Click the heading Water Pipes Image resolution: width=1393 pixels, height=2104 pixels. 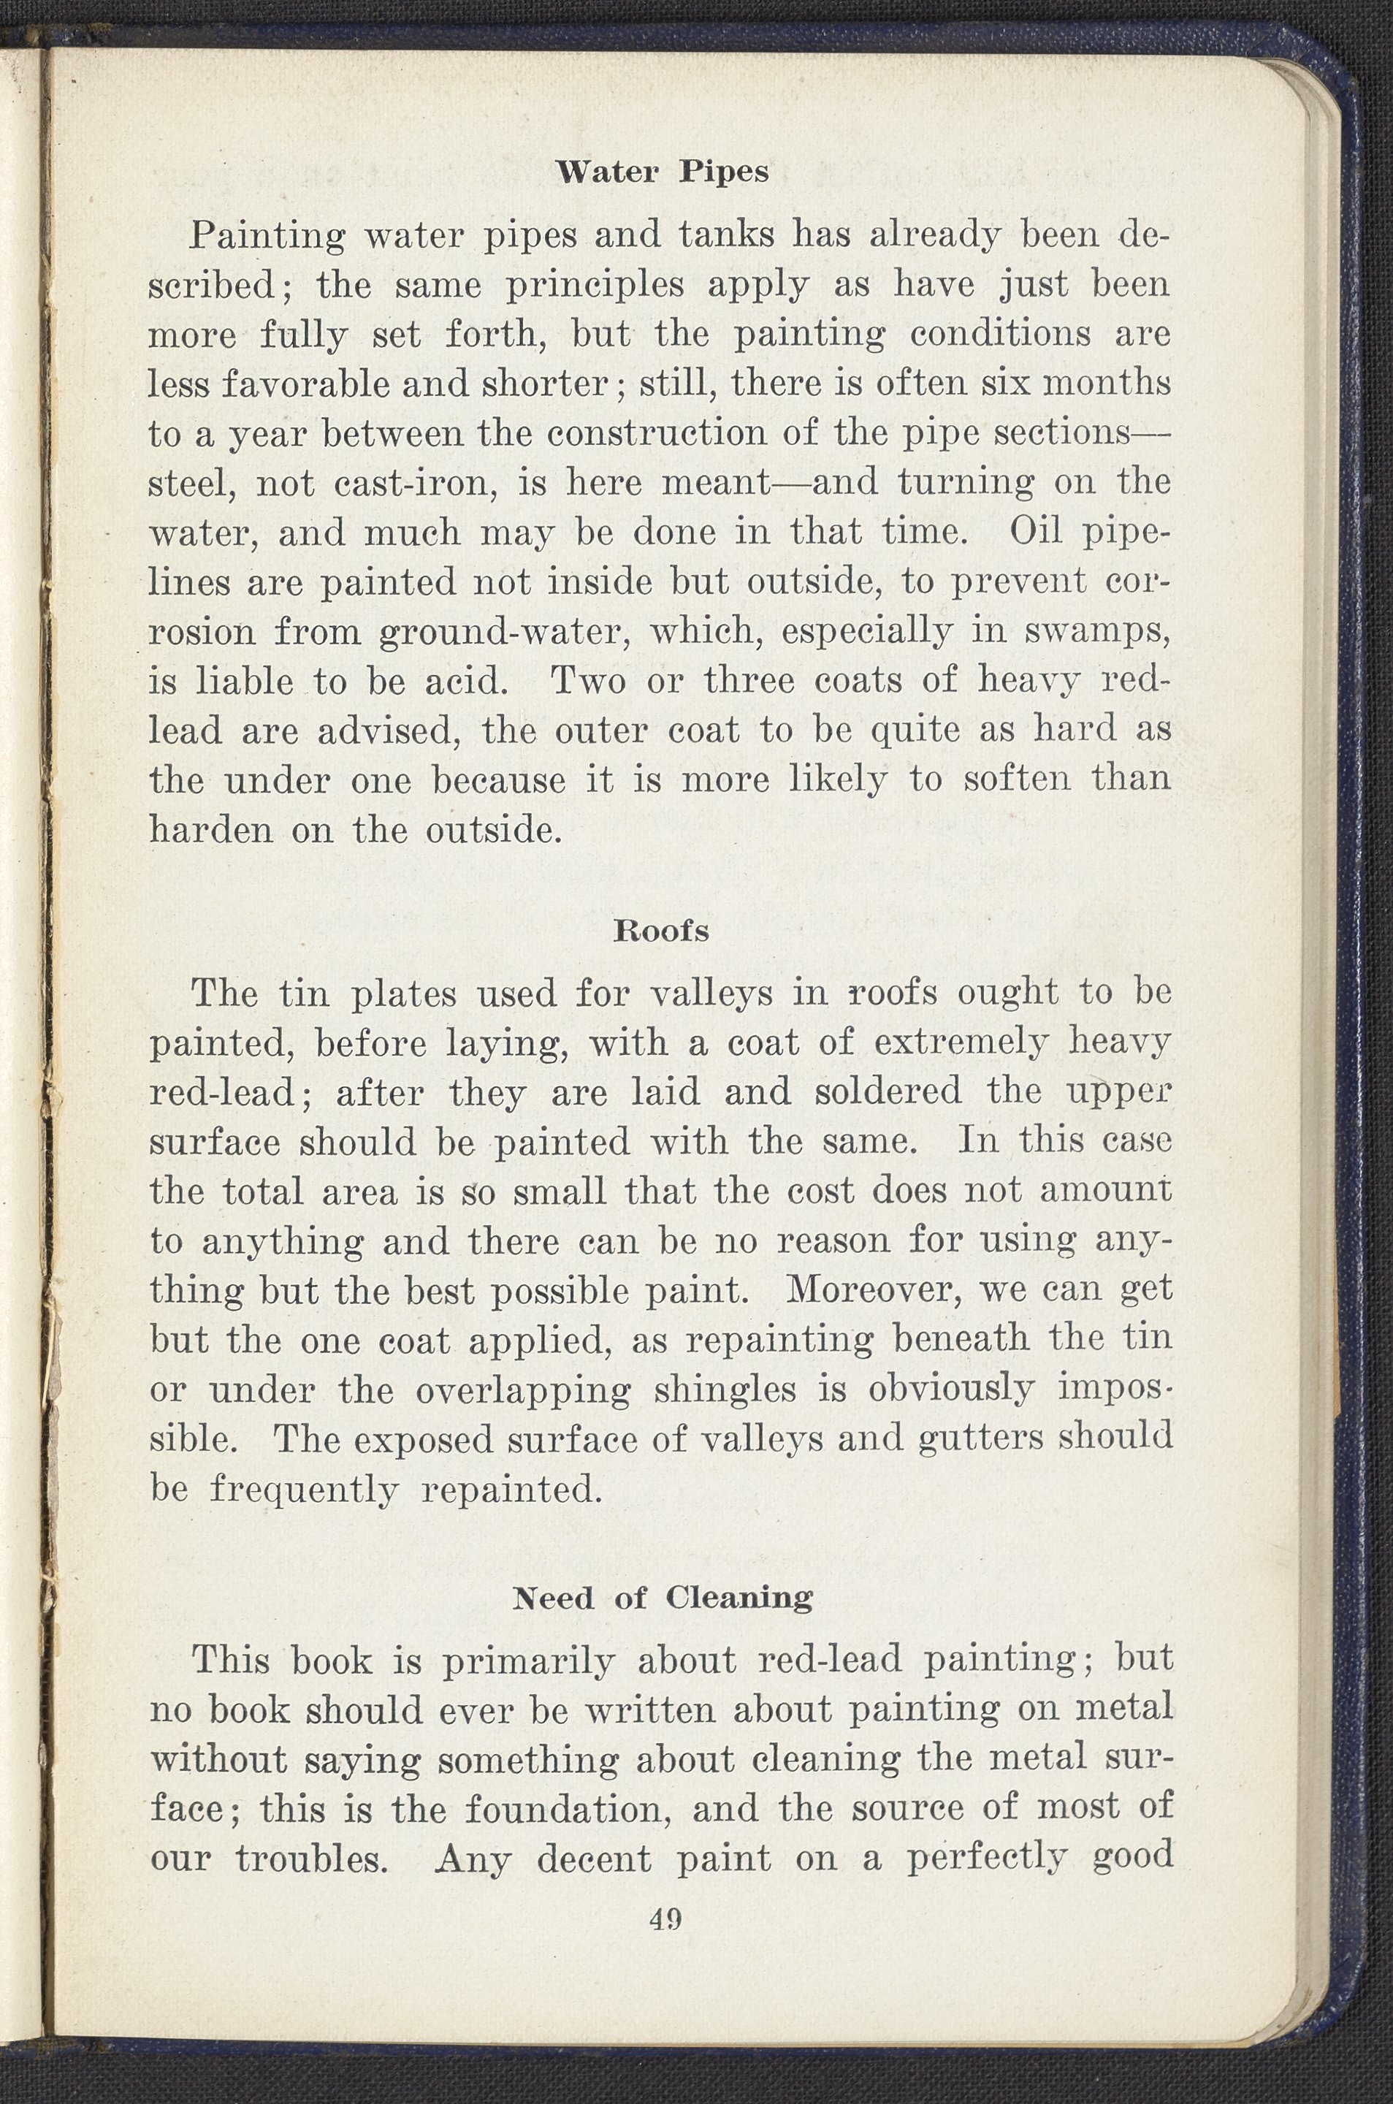[662, 172]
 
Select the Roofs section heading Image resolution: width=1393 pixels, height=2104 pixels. [662, 931]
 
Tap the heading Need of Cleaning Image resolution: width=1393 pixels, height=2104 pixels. [662, 1598]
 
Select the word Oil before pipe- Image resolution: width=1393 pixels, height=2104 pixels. [1041, 533]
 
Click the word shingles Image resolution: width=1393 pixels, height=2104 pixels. [725, 1390]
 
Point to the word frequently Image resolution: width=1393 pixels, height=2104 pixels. [304, 1489]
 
